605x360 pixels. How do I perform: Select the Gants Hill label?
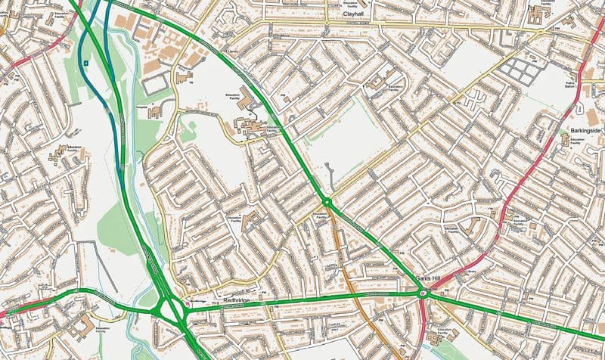click(428, 279)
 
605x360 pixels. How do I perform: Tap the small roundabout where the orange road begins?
click(327, 202)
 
